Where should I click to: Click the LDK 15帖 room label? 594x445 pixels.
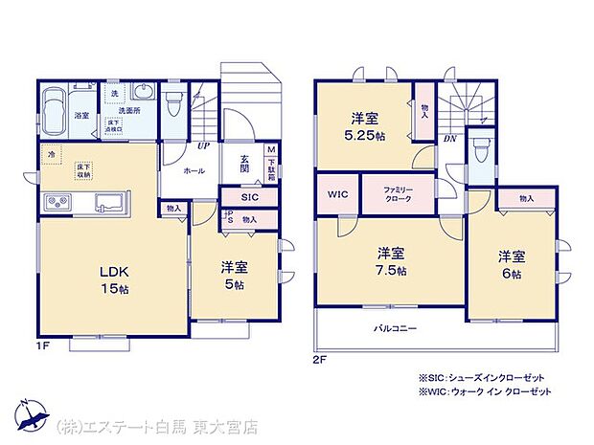[x=113, y=278]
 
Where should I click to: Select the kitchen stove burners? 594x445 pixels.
[x=57, y=203]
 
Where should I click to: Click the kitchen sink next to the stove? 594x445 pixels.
[x=109, y=203]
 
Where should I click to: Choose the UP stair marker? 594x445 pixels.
[x=203, y=146]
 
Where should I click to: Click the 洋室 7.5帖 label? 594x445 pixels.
[x=390, y=261]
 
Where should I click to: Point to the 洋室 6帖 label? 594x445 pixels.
[x=511, y=265]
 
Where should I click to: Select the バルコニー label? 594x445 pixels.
[x=395, y=329]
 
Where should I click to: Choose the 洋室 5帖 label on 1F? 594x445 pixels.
[x=234, y=276]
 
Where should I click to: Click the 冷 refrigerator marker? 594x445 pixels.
[x=48, y=152]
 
